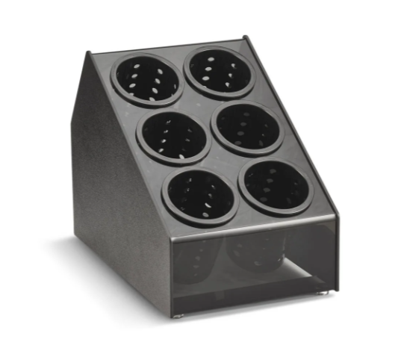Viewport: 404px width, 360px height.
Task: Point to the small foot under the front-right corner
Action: tap(323, 294)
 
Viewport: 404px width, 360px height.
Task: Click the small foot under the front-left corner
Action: tap(178, 315)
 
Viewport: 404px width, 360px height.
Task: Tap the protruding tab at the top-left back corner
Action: tap(88, 54)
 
